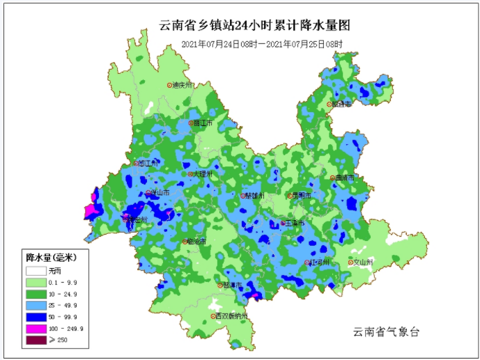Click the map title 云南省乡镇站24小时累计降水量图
[x=254, y=26]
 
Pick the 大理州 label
[x=201, y=174]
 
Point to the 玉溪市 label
[x=293, y=224]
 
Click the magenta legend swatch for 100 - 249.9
[x=35, y=328]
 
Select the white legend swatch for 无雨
[x=35, y=270]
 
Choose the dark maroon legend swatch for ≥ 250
[x=35, y=340]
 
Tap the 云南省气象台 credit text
[x=385, y=332]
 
